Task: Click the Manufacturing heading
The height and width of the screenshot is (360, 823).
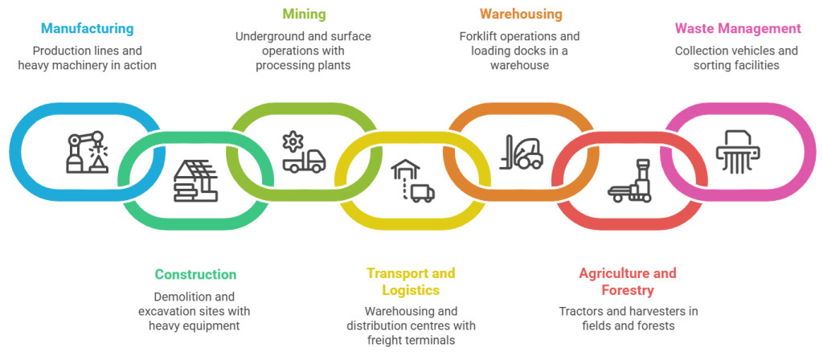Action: [87, 30]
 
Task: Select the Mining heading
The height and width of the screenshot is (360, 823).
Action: [305, 14]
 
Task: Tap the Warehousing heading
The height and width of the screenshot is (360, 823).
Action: [521, 14]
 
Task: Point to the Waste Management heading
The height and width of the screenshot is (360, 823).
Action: [737, 29]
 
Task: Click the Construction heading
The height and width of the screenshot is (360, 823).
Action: [195, 275]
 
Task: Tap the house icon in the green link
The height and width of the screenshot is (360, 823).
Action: [195, 181]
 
